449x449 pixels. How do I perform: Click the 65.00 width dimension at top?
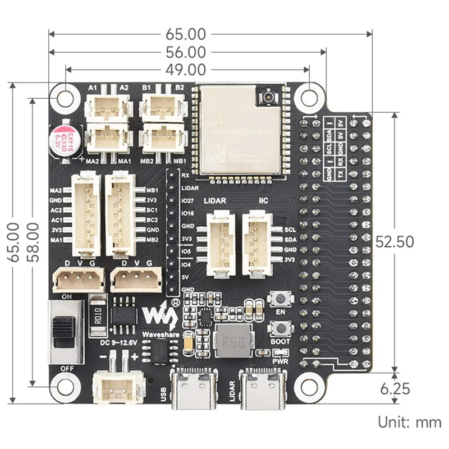pos(185,34)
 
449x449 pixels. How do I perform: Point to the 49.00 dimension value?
pos(185,70)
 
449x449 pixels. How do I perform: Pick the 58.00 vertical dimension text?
pos(34,242)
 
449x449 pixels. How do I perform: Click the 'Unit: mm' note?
pos(409,422)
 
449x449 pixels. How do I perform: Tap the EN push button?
pos(279,299)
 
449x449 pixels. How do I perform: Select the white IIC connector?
pos(256,244)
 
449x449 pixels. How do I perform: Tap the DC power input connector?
pos(117,387)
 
